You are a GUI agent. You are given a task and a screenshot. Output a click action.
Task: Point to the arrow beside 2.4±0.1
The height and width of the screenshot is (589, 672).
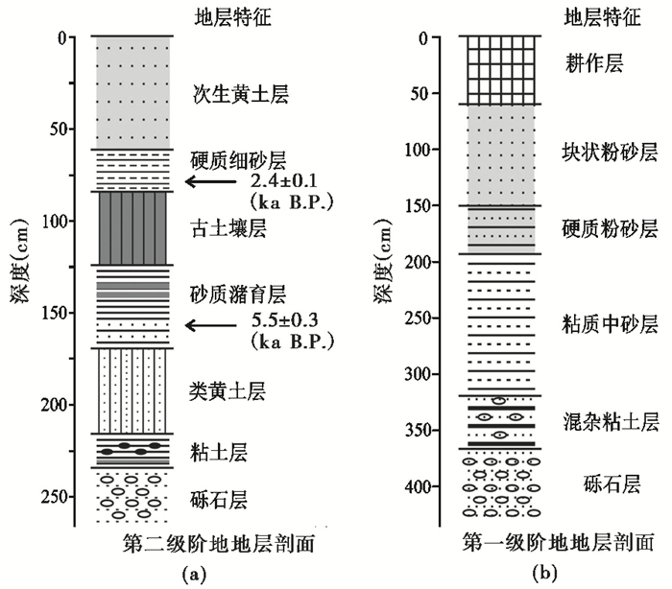pos(211,181)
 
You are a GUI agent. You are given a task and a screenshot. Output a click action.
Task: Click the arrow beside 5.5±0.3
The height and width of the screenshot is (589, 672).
pos(211,326)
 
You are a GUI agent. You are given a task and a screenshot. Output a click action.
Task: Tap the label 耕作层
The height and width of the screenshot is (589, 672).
pos(595,63)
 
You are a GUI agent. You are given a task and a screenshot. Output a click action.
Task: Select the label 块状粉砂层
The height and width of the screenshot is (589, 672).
pos(610,152)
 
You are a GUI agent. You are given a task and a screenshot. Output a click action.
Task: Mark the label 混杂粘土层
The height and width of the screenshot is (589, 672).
pos(610,421)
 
